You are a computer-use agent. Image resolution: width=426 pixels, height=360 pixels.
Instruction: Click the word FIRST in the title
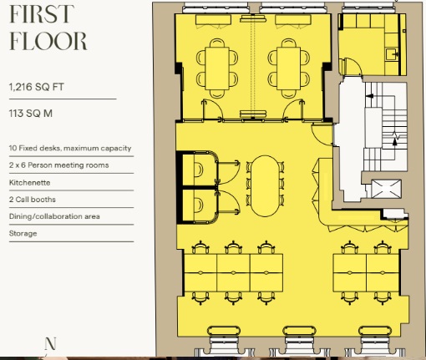coord(42,14)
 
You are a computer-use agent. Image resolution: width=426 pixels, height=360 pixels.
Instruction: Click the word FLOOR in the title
coord(48,41)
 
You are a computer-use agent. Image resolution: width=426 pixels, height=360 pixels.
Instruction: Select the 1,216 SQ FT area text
coord(37,87)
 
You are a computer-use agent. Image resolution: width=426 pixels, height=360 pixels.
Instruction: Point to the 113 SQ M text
coord(31,114)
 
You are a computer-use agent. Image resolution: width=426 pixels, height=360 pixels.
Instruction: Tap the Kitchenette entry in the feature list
coord(30,183)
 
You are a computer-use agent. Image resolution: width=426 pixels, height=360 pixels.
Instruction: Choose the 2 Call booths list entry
coord(33,200)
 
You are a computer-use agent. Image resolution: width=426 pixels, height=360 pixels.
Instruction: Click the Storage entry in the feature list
coord(23,233)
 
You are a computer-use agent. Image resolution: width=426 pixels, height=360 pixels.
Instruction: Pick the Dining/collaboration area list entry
coord(54,216)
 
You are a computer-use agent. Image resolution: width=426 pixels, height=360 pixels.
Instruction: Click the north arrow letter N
coord(50,343)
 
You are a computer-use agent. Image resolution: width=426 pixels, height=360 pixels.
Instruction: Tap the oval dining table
coord(266,185)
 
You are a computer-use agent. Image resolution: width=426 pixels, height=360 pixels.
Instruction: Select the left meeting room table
coord(217,68)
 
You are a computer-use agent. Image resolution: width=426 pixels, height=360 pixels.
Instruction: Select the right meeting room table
coord(289,68)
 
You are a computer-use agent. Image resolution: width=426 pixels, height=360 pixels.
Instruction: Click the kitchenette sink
coord(392,53)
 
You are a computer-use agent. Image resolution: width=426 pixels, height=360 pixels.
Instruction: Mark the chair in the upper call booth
coord(199,170)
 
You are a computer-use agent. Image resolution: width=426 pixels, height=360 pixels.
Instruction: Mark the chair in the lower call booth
coord(199,205)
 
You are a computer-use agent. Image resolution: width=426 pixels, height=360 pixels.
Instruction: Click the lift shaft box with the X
coord(387,189)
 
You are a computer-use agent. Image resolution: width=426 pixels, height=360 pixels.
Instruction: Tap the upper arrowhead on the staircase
coord(369,96)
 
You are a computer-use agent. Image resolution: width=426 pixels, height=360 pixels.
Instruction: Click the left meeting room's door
coord(211,110)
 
